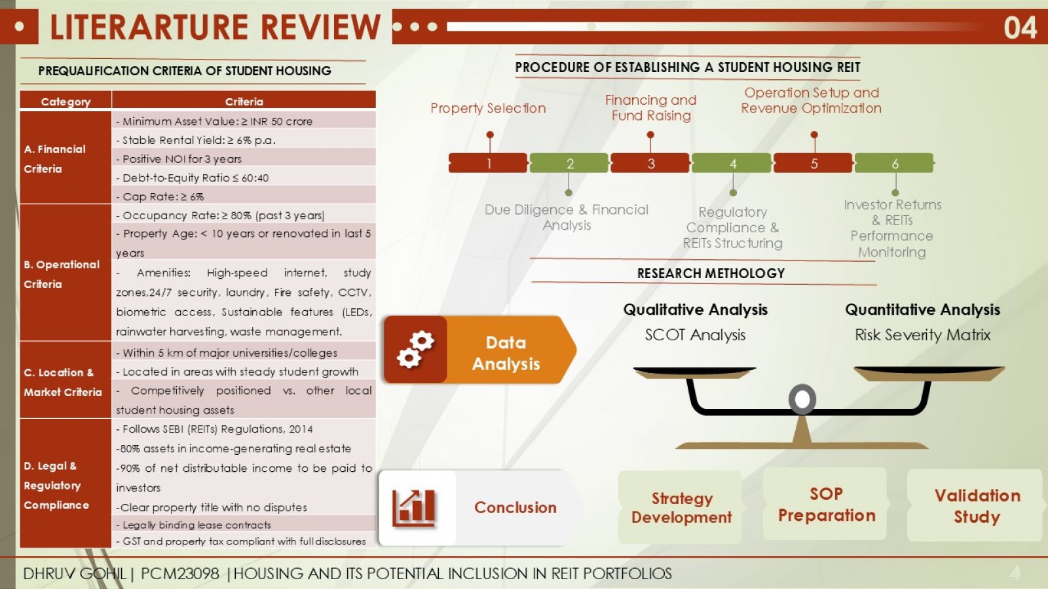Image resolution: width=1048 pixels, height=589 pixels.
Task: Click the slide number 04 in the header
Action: tap(1020, 27)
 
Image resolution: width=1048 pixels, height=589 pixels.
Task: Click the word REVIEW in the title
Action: tap(320, 27)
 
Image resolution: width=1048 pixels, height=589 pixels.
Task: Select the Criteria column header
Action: tap(244, 101)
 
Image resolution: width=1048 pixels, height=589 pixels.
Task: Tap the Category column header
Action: tap(65, 101)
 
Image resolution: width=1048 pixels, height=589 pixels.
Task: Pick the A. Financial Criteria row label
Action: tap(55, 159)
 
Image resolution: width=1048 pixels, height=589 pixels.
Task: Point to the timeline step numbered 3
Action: tap(650, 163)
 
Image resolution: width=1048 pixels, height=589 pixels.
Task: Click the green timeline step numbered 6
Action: tap(895, 163)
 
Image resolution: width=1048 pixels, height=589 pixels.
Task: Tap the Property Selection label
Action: tap(488, 109)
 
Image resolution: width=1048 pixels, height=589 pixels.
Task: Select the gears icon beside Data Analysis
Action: tap(415, 349)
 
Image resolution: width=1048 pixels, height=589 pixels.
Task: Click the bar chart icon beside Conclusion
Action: tap(414, 508)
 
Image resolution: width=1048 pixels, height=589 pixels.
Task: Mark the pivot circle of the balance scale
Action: tap(802, 399)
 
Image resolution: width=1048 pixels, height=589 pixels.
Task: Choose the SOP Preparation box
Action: tap(826, 505)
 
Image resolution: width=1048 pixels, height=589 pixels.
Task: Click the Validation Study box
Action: tap(977, 506)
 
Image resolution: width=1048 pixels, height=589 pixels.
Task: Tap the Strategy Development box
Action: tap(681, 508)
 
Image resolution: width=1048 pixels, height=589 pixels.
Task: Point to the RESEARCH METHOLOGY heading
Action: tap(711, 274)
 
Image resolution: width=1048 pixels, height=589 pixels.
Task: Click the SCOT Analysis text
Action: tap(695, 335)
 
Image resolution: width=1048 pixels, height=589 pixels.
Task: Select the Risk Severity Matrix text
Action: tap(923, 335)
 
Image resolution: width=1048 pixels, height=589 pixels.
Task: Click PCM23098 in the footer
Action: tap(179, 573)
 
